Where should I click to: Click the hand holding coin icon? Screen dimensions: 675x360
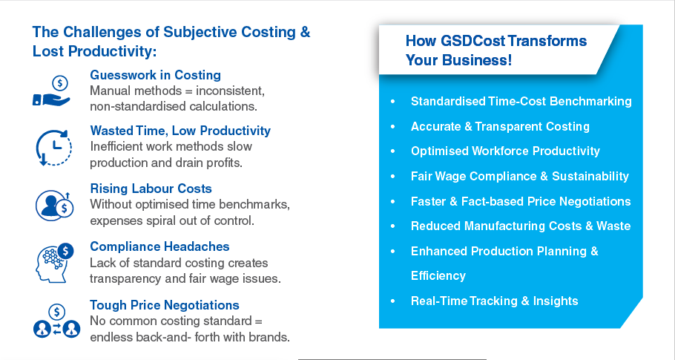click(52, 91)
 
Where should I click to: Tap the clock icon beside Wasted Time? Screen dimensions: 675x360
click(53, 148)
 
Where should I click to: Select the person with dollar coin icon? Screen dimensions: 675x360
click(55, 206)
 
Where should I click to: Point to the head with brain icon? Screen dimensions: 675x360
click(54, 263)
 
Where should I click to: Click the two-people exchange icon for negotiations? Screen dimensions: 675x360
click(56, 321)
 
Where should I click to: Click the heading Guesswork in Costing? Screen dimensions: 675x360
click(156, 75)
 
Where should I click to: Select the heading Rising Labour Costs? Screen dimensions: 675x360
click(151, 189)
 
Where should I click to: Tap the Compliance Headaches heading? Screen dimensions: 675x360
click(159, 246)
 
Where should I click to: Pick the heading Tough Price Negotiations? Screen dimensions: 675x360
click(165, 305)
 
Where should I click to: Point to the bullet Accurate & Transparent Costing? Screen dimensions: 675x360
click(500, 126)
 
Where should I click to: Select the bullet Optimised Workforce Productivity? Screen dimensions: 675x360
click(505, 151)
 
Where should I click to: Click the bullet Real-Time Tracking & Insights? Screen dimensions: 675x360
click(494, 301)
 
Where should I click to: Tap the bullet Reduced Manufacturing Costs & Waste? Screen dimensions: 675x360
click(521, 226)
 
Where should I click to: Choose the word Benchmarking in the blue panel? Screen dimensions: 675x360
click(590, 102)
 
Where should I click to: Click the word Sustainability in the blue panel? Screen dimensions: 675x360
click(590, 176)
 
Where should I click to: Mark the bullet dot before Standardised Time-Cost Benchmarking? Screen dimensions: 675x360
click(392, 102)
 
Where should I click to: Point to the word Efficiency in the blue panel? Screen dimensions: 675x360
click(438, 275)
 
